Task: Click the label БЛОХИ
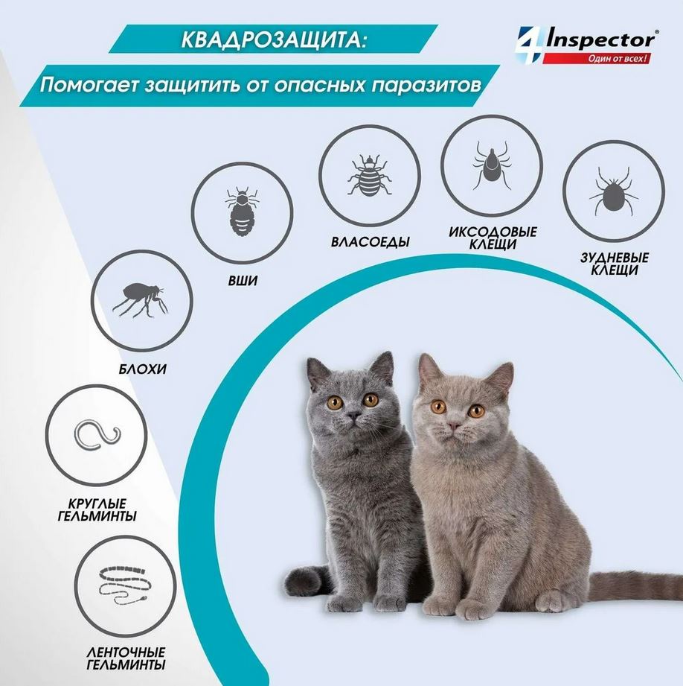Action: pos(142,369)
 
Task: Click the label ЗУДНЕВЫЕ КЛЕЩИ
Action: pos(613,264)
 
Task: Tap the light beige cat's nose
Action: pos(452,427)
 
